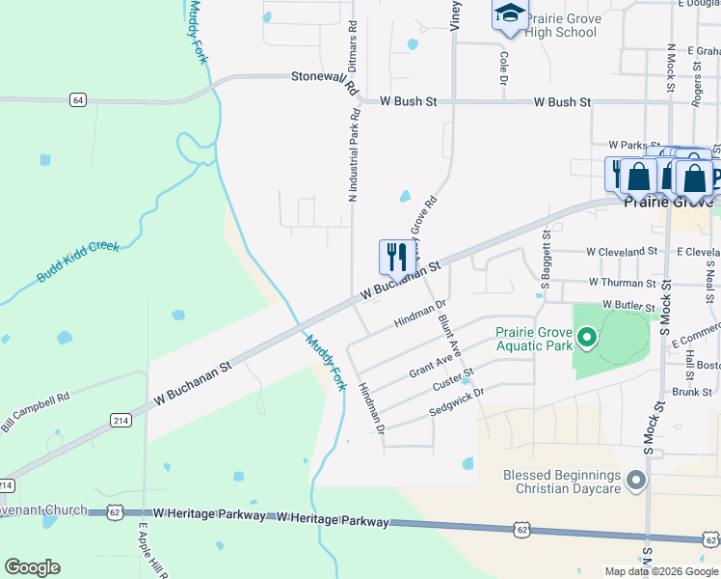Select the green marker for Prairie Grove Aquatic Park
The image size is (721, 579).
[x=585, y=339]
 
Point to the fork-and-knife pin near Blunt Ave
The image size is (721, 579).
[x=397, y=258]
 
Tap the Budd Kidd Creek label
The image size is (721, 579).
[x=78, y=262]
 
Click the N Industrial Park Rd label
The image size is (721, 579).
[x=354, y=154]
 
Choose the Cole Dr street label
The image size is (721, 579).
[x=503, y=69]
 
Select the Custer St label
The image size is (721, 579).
[x=454, y=378]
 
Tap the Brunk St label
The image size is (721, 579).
[x=692, y=392]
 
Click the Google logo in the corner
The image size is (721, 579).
[x=32, y=567]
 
